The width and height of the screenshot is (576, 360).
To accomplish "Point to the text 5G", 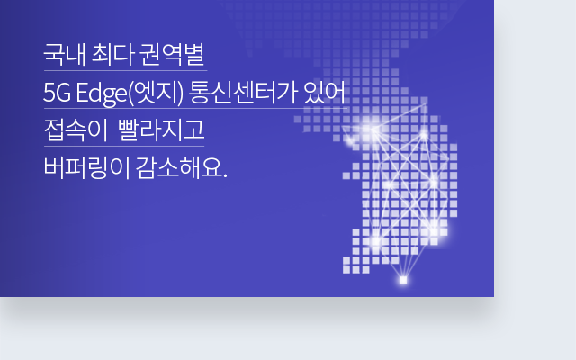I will point(56,93).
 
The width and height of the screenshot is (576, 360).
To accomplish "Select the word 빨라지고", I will point(160,130).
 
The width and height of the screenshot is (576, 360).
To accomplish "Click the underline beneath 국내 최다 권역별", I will point(125,70).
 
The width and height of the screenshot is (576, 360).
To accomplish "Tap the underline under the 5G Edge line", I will point(195,108).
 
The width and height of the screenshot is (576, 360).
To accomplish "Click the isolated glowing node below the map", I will point(402,280).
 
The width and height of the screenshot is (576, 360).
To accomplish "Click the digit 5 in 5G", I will point(49,93).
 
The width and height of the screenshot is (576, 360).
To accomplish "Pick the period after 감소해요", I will point(225,175).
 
